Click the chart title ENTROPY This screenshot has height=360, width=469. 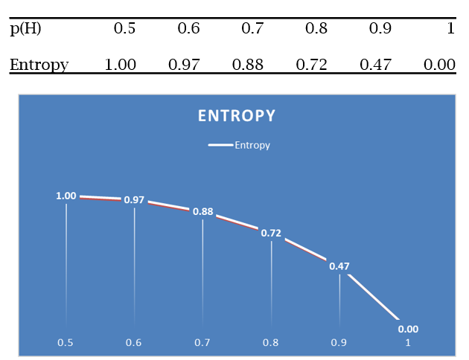pos(237,116)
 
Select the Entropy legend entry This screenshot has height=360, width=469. pos(239,145)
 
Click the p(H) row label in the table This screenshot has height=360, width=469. pos(25,29)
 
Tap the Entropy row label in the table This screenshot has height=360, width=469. pos(39,65)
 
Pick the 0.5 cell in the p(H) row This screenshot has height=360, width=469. pos(124,28)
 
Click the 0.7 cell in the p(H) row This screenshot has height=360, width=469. pos(252,28)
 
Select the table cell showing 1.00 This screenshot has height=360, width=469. pos(121,65)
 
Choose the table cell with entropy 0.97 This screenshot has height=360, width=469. pos(184,65)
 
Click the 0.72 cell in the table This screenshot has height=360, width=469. pos(311,65)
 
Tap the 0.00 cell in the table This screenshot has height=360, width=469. pos(439,65)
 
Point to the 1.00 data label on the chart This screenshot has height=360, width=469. pos(66,196)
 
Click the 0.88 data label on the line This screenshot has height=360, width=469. pos(202,211)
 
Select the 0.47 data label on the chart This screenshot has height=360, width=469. pos(339,266)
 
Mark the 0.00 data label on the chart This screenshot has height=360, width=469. pos(408,329)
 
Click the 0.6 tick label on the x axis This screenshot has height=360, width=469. pos(133,342)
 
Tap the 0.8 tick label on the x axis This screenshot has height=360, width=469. pos(270,342)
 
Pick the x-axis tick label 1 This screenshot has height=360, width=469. pos(408,342)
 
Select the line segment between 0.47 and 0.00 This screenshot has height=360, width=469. pos(374,297)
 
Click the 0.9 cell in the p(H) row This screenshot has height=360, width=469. pos(380,28)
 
